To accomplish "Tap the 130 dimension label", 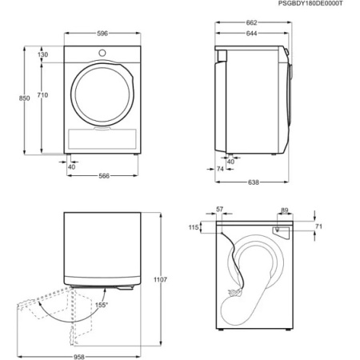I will (42, 54).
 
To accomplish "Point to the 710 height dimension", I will (42, 95).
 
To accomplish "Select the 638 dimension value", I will (253, 182).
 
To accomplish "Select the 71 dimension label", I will (318, 228).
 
